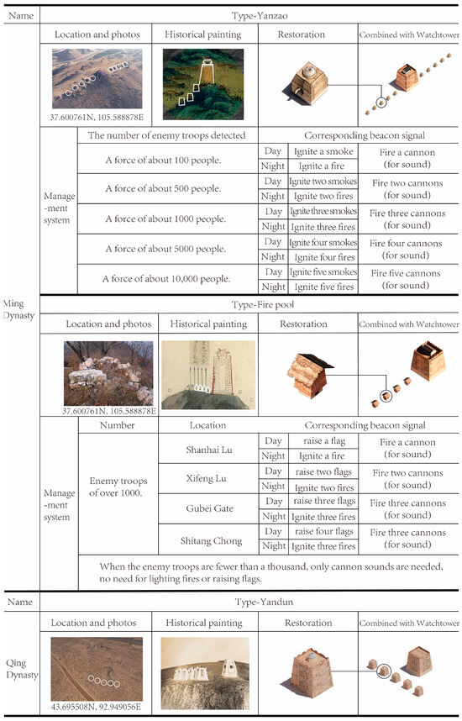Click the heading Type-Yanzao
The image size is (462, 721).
coord(249,15)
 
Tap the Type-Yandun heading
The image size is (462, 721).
coord(249,603)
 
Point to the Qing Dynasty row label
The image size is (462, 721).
coord(19,666)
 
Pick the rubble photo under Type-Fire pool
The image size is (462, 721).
coord(108,371)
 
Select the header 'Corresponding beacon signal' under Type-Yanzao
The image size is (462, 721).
coord(358,135)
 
